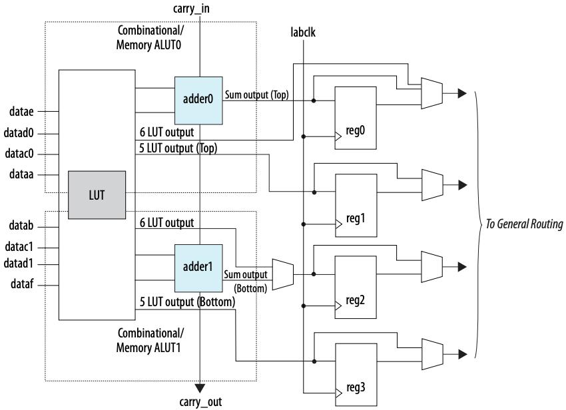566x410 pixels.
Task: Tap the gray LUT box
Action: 97,195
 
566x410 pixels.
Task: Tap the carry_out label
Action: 200,402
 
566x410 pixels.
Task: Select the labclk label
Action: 304,31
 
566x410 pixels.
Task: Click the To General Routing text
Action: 523,224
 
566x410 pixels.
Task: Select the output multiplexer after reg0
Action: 431,93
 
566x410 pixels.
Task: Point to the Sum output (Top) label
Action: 256,95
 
